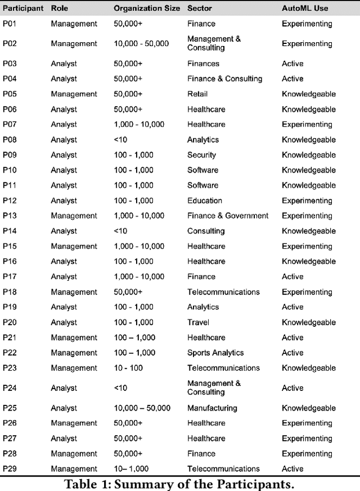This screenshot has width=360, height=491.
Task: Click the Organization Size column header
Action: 147,8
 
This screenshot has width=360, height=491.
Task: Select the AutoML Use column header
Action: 305,8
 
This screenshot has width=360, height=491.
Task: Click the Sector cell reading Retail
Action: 197,94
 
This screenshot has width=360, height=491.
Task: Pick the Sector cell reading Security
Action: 201,155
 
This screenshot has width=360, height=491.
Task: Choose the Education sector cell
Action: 205,200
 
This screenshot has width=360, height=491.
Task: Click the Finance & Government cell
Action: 228,215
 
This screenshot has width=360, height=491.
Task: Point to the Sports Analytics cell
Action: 215,353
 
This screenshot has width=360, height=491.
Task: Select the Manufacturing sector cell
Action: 212,408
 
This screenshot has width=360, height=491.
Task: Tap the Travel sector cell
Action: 198,322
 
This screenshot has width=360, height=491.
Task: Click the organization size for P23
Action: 128,368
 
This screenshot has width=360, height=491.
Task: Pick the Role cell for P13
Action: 74,215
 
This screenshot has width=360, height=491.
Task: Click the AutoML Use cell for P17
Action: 292,276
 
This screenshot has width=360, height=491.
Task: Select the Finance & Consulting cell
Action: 224,79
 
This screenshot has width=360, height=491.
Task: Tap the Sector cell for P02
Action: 214,43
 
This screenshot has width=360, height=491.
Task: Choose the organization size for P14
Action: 120,231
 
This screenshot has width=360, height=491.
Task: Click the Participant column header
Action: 22,8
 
